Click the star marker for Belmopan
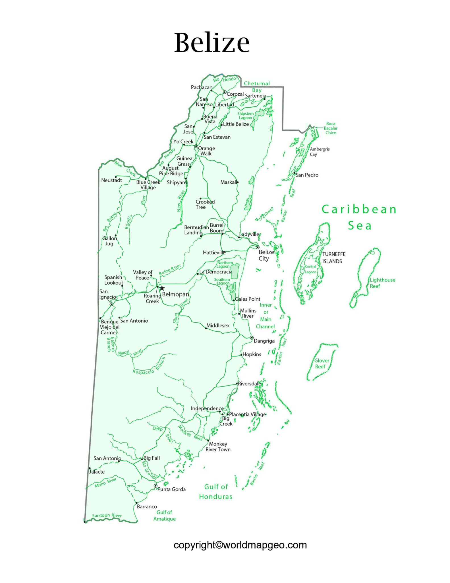click(x=162, y=288)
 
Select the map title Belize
click(x=211, y=43)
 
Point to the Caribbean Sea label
click(x=359, y=217)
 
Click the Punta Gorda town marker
click(x=155, y=486)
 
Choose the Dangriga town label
click(x=264, y=341)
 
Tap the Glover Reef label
click(x=321, y=364)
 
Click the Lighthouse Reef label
click(x=382, y=283)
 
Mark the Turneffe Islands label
click(x=333, y=258)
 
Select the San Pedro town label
click(x=307, y=175)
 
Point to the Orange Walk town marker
click(x=196, y=146)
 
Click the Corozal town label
click(x=235, y=94)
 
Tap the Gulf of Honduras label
click(x=216, y=492)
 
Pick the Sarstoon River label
click(x=107, y=516)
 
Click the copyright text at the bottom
click(x=240, y=545)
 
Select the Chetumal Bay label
click(x=257, y=87)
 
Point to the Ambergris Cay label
click(x=320, y=152)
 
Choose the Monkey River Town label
click(x=218, y=447)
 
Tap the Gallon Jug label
click(x=109, y=241)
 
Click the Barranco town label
click(x=147, y=507)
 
